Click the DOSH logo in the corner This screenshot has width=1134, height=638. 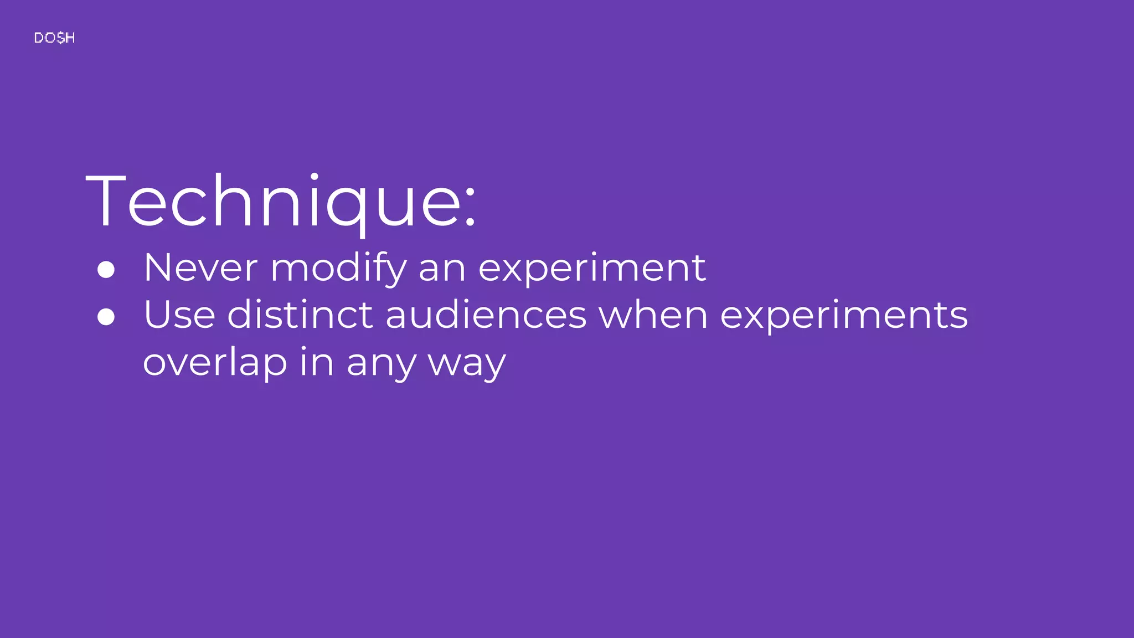pos(54,38)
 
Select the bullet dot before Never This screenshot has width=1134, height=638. pos(106,270)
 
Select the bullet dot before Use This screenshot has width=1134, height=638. pos(106,317)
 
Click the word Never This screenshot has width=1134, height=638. pos(200,268)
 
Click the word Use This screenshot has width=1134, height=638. pos(179,315)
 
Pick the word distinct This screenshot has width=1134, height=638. pos(300,315)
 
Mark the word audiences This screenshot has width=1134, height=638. pos(486,315)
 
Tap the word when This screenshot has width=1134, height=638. pos(653,315)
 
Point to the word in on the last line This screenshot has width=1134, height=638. pos(317,363)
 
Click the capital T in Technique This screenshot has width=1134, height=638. pos(105,200)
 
